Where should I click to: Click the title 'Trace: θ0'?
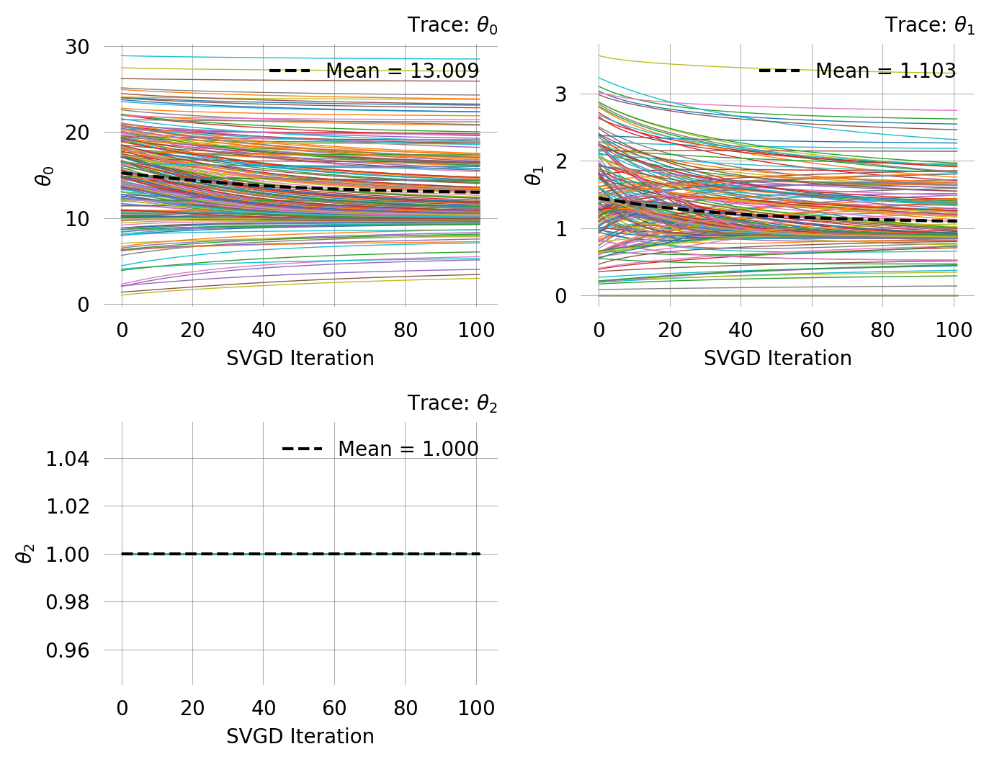click(x=452, y=25)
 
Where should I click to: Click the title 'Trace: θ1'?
click(x=930, y=25)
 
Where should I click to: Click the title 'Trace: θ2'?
click(x=452, y=403)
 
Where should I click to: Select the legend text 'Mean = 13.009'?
click(x=402, y=71)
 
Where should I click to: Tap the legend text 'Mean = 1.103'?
click(x=885, y=71)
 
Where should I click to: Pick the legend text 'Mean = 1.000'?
click(x=408, y=449)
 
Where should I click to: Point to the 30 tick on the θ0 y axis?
click(x=77, y=47)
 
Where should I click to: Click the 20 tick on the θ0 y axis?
click(x=77, y=133)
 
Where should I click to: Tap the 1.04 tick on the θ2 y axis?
click(x=68, y=459)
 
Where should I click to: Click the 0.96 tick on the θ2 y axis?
click(x=68, y=650)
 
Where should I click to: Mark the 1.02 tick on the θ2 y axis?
click(x=68, y=506)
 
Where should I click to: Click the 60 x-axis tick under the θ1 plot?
click(x=812, y=330)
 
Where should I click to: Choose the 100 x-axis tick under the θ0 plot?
click(x=476, y=330)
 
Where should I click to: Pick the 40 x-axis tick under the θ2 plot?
click(x=264, y=708)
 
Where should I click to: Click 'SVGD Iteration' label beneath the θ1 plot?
click(x=777, y=359)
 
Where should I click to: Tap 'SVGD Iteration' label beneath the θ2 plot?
click(x=300, y=737)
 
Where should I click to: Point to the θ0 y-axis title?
click(x=45, y=176)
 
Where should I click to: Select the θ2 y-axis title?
click(x=25, y=553)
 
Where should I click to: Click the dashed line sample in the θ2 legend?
click(x=302, y=449)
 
